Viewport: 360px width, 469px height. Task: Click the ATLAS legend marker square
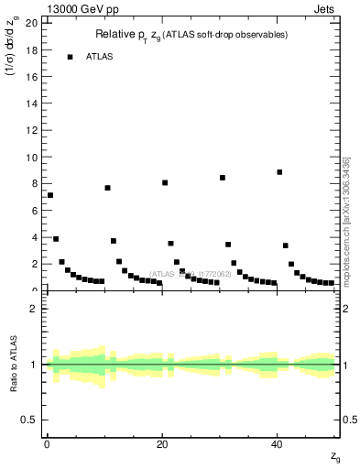click(x=70, y=57)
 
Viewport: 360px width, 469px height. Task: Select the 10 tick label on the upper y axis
click(x=32, y=158)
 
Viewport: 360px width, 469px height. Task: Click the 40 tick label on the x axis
click(x=277, y=445)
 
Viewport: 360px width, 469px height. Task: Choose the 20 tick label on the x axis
click(x=161, y=445)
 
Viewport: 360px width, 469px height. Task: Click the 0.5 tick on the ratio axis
click(x=30, y=420)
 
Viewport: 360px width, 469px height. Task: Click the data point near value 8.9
click(x=279, y=172)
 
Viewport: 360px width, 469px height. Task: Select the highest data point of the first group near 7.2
click(x=50, y=195)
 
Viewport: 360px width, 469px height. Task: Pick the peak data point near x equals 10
click(x=107, y=188)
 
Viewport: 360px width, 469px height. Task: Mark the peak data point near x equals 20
click(x=165, y=182)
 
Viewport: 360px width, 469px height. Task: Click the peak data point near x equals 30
click(x=223, y=178)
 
